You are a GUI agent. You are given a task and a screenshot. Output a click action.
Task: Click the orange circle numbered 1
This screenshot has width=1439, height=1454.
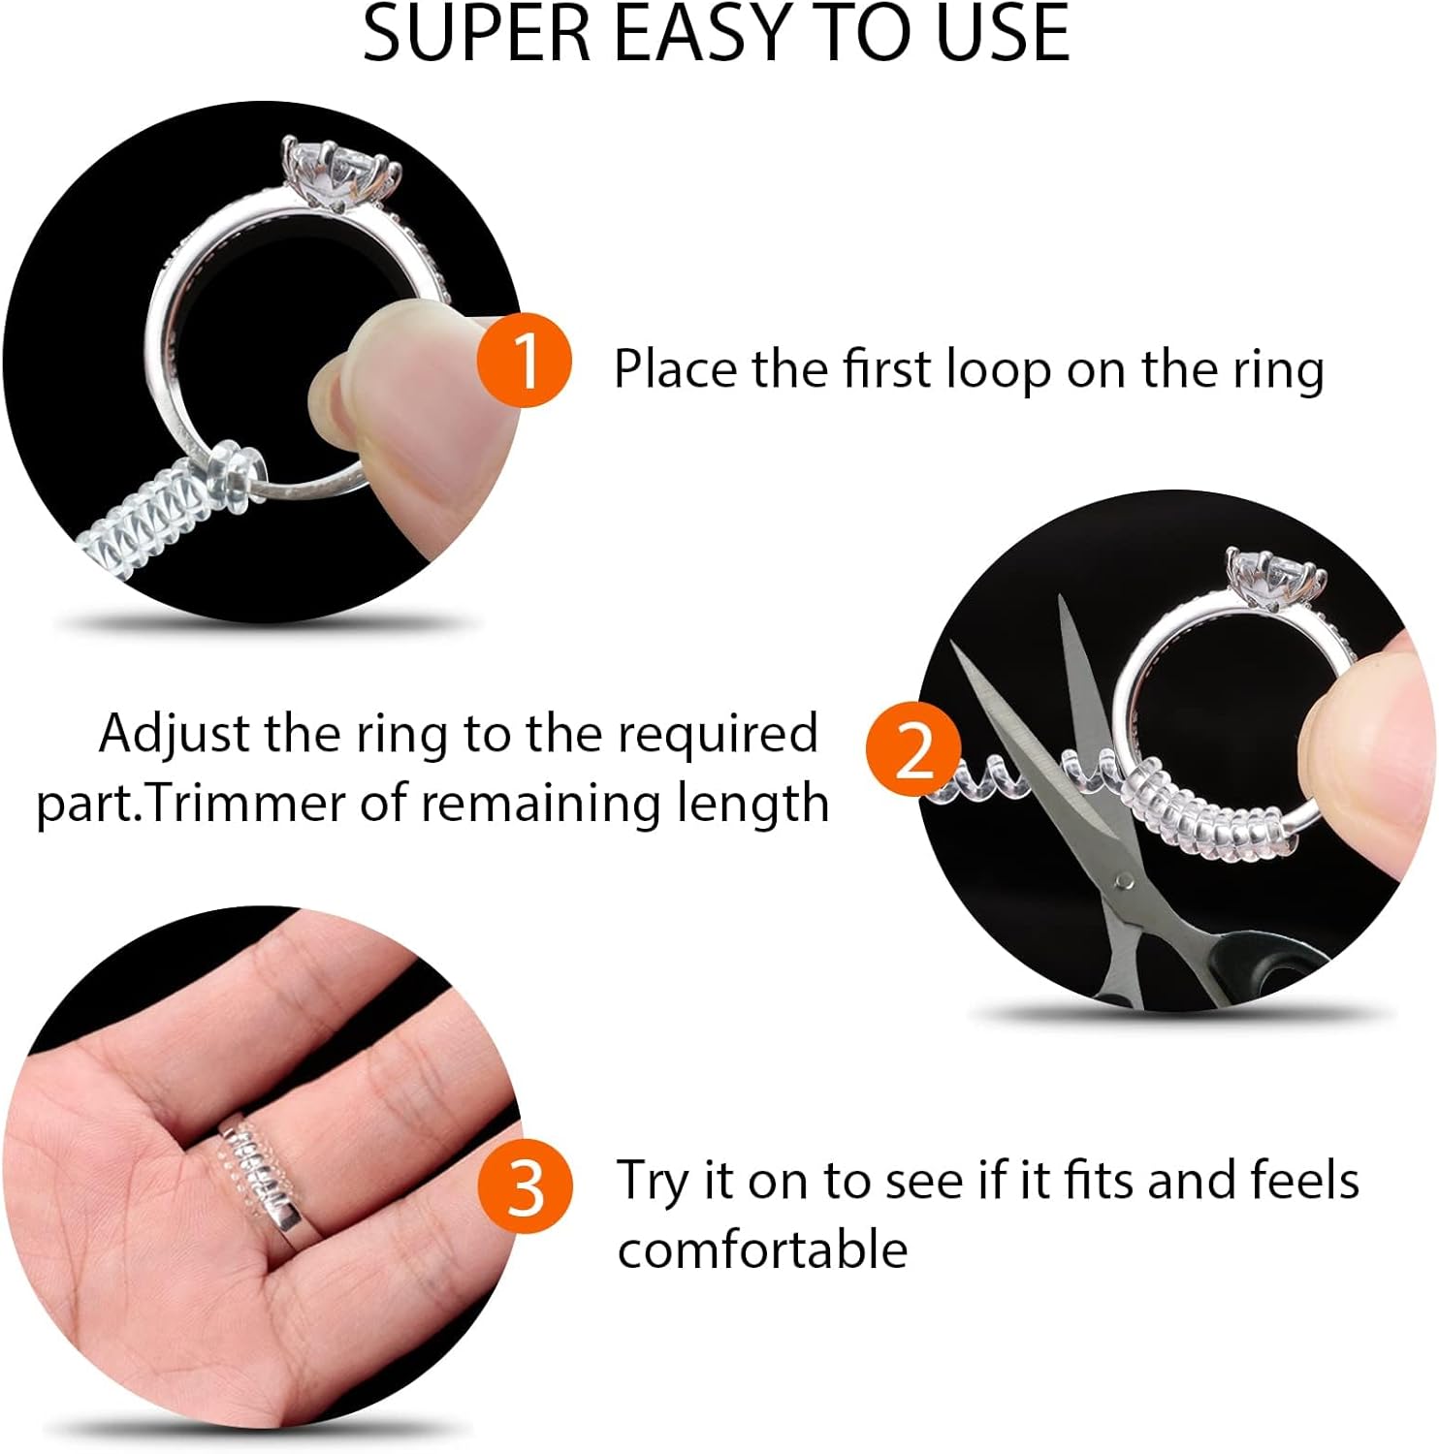point(524,360)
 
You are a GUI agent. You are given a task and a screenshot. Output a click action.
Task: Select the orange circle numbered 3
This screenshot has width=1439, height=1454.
point(525,1185)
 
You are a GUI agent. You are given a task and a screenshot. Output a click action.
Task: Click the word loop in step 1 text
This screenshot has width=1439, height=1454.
point(999,371)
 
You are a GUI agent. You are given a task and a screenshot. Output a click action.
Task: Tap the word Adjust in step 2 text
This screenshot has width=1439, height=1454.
point(174,734)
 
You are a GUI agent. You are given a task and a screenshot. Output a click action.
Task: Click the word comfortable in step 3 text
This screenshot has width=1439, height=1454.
point(762,1249)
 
